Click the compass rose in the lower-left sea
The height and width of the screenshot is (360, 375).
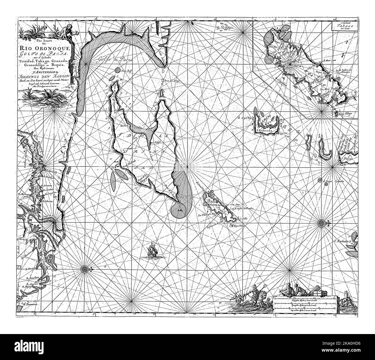tap(85, 269)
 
